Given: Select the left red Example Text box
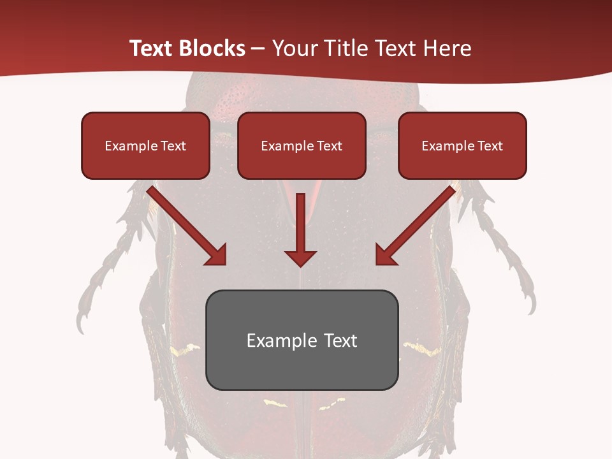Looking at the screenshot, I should tap(145, 145).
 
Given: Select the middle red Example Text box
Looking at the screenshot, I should tap(302, 145).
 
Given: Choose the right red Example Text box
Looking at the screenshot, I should tap(462, 145).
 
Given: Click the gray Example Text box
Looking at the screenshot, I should tap(302, 340).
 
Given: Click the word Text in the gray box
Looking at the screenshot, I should tap(340, 340).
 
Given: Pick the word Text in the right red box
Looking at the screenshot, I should tap(490, 146).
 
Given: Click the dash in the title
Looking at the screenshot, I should tap(258, 48).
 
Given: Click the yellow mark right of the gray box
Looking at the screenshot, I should tap(423, 348).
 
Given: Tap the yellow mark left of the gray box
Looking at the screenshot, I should tap(185, 349).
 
